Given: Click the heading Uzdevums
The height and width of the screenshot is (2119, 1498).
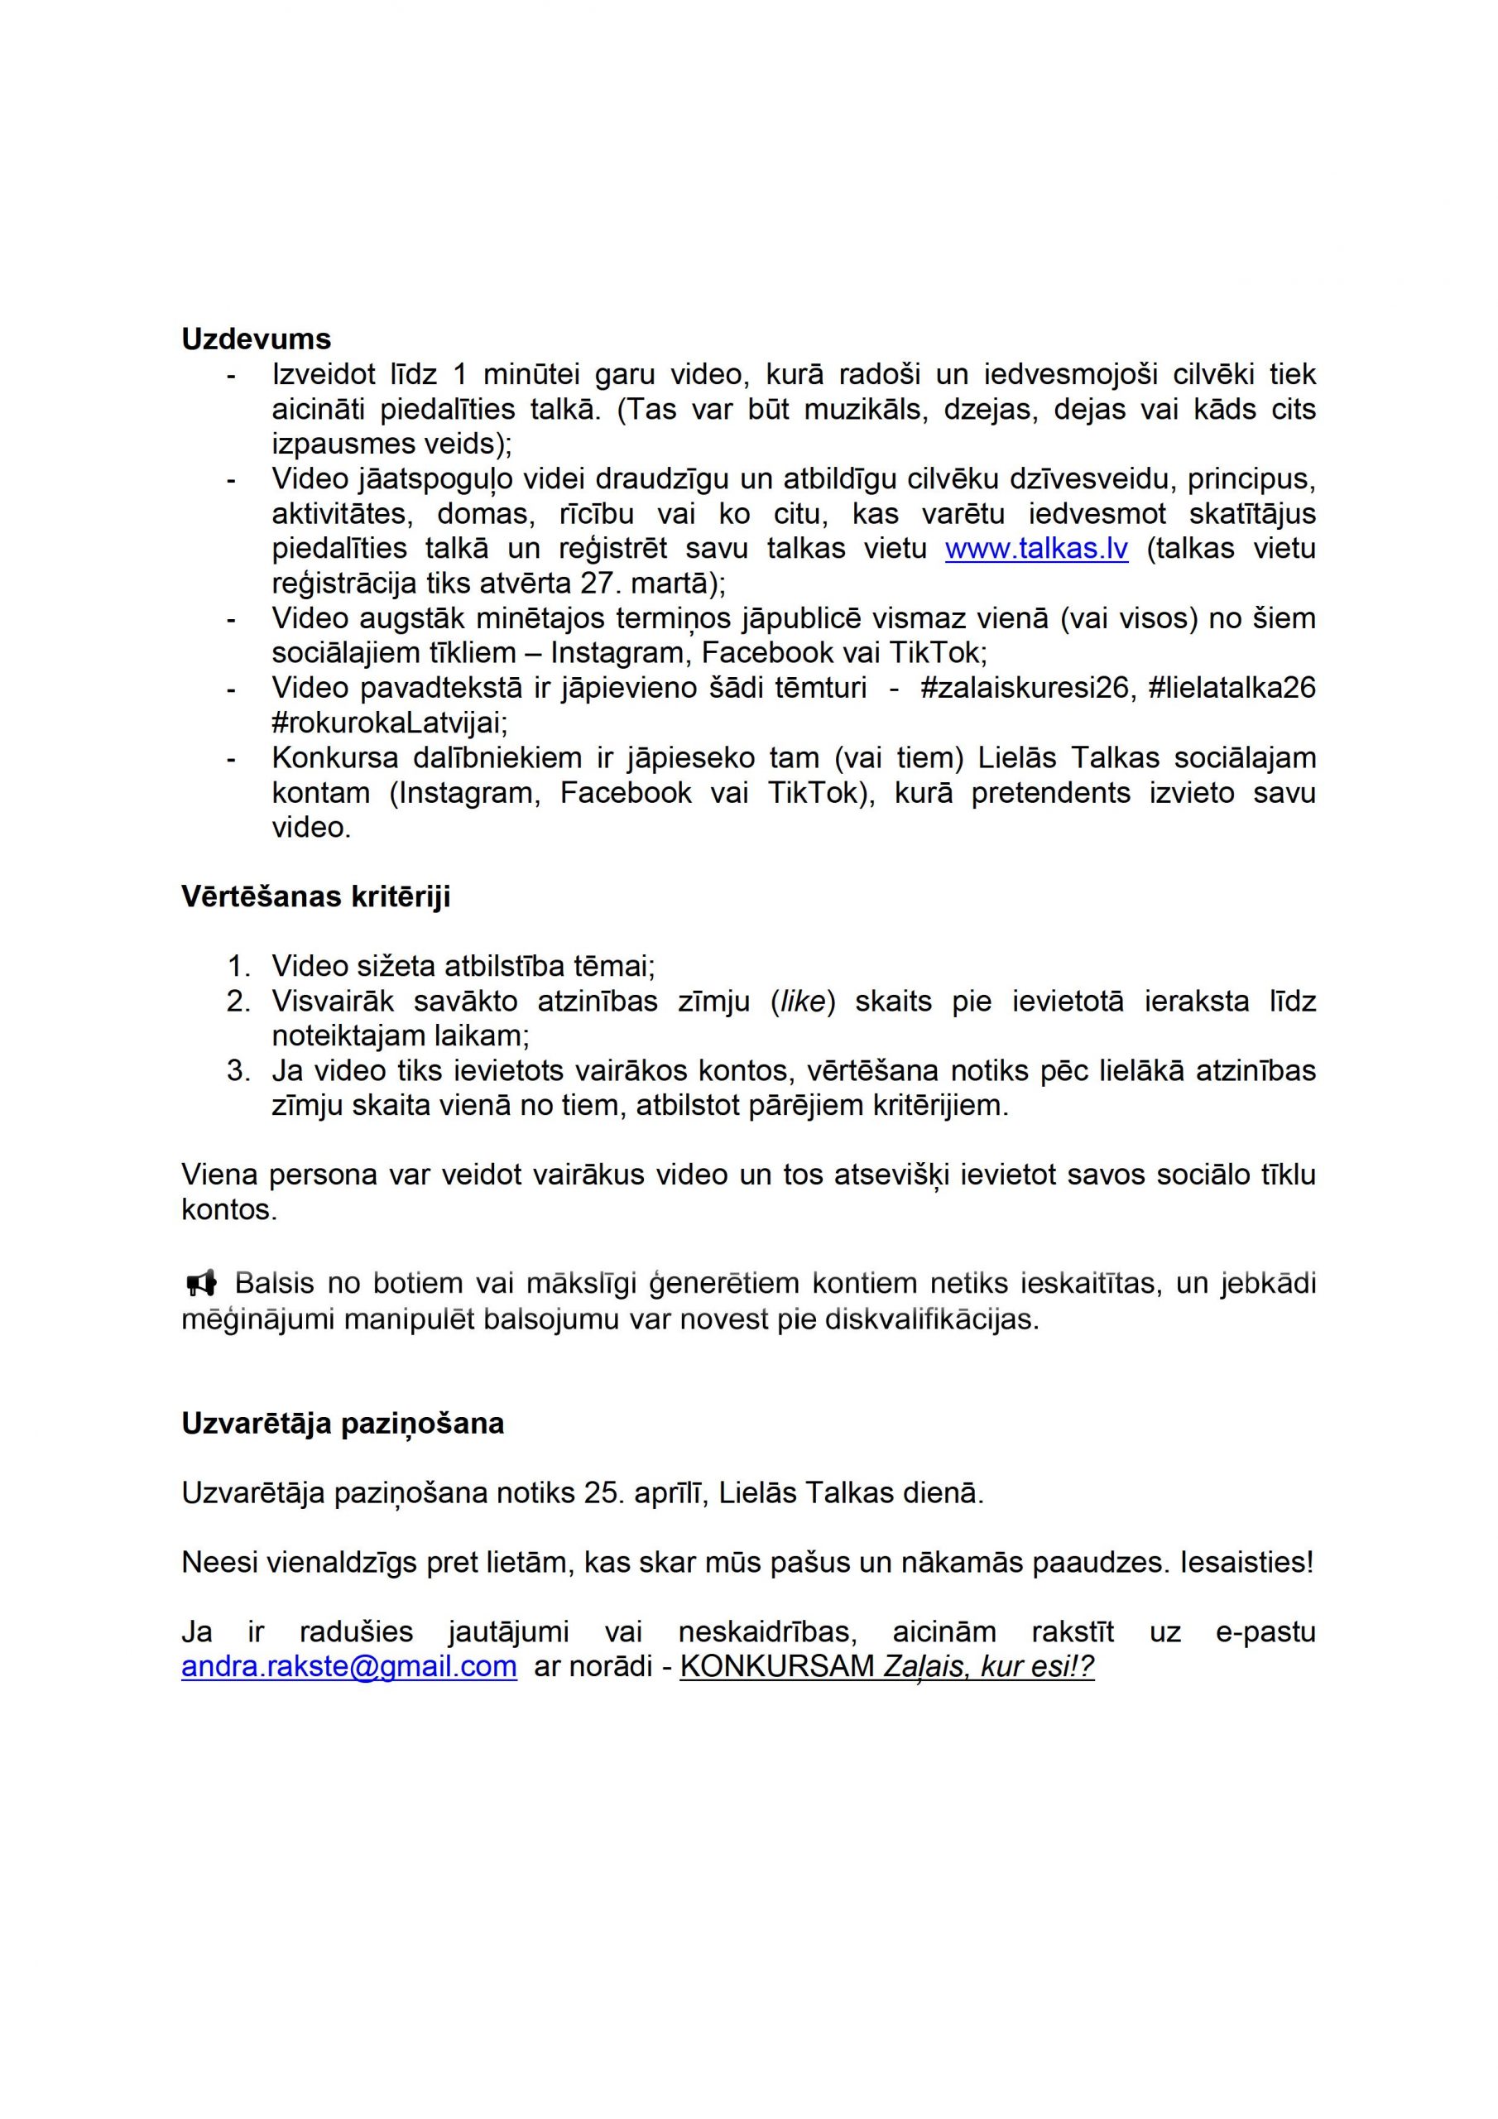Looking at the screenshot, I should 256,339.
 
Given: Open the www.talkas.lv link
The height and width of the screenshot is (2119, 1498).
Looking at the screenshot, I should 1035,549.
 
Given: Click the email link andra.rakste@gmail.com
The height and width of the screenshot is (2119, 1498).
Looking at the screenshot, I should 349,1666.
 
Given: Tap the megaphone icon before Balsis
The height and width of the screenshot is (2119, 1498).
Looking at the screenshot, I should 201,1283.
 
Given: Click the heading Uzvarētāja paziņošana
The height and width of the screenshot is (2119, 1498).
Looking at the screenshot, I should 343,1423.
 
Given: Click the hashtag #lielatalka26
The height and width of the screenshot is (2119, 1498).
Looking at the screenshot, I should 1232,689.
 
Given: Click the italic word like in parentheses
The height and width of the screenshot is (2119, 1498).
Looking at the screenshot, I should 802,1002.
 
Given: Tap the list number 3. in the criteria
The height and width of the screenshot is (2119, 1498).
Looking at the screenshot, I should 238,1070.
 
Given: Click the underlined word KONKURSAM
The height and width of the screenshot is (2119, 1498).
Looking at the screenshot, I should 777,1666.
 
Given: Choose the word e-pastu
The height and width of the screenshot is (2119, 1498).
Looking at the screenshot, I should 1265,1631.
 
